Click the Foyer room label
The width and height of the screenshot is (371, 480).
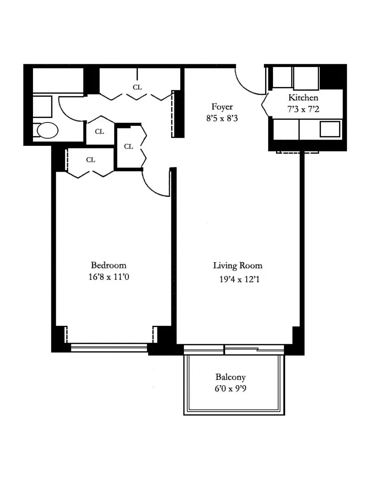(x=222, y=107)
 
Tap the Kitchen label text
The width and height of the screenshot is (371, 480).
(x=303, y=97)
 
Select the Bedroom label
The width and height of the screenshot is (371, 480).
(x=109, y=265)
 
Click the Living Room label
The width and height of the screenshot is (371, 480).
(x=238, y=265)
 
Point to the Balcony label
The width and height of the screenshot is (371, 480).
(x=231, y=377)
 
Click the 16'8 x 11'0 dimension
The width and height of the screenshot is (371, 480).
(x=109, y=277)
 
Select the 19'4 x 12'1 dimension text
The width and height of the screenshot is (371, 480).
(x=240, y=279)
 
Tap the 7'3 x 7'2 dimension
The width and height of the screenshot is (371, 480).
(x=303, y=109)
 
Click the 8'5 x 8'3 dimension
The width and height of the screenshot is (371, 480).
(x=222, y=118)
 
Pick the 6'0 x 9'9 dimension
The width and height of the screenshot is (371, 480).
(x=231, y=388)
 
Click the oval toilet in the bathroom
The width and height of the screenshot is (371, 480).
(x=48, y=130)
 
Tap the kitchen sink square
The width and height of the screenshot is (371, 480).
(x=330, y=129)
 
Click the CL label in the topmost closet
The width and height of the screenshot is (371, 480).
(x=137, y=87)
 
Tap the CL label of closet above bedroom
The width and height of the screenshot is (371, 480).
(x=91, y=160)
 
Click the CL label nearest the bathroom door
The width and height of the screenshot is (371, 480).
(x=100, y=132)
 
